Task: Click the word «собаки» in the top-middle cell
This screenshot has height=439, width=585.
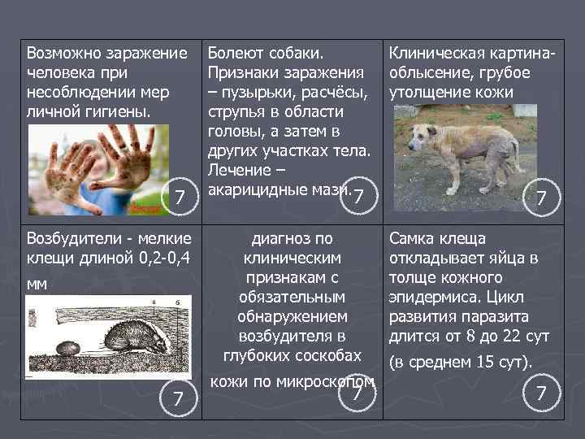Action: [293, 53]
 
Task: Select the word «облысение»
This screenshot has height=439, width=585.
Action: [430, 72]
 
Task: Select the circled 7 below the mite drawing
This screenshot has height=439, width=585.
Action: [177, 398]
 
